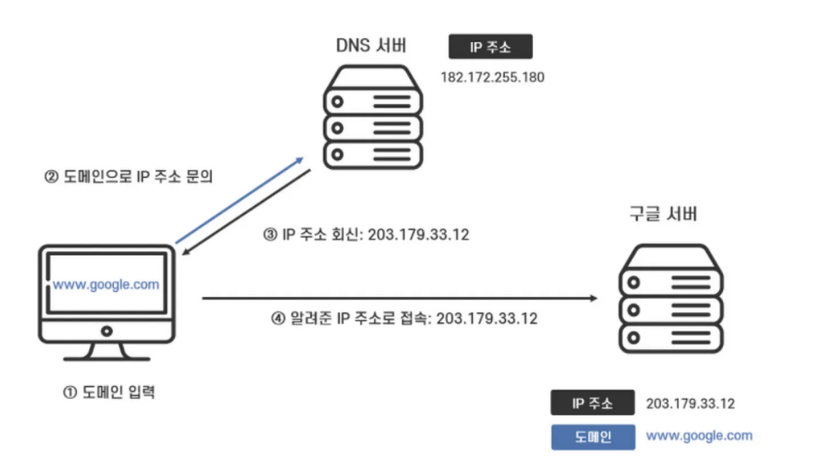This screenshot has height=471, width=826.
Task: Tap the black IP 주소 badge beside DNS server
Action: click(x=490, y=47)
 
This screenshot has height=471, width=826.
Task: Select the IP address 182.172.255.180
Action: click(x=493, y=77)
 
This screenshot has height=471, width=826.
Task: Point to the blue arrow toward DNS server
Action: click(x=239, y=200)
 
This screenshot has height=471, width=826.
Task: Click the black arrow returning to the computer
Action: click(x=247, y=213)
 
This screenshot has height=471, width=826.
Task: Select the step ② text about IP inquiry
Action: click(x=129, y=177)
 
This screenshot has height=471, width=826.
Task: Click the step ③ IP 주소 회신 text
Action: click(x=367, y=235)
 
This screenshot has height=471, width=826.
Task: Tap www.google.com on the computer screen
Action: click(x=106, y=285)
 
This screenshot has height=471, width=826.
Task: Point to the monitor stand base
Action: click(x=107, y=357)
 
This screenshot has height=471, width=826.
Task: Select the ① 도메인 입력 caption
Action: click(x=109, y=393)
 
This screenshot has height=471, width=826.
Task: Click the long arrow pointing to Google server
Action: click(x=399, y=298)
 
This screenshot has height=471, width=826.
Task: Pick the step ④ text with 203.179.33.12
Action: click(x=404, y=319)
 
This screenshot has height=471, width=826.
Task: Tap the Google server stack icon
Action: click(x=671, y=298)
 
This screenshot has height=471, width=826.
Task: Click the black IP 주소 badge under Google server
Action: click(x=592, y=403)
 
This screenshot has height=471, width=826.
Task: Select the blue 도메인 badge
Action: click(x=593, y=437)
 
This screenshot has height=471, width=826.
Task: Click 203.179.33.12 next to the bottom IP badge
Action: click(x=690, y=403)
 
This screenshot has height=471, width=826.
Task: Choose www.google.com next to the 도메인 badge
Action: click(x=699, y=436)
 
